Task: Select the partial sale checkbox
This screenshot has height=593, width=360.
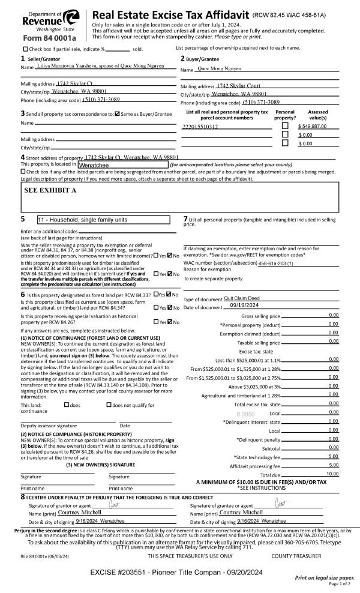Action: coord(25,49)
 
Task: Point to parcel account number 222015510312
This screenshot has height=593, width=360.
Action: coord(200,127)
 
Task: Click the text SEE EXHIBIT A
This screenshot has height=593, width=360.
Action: coord(50,190)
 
